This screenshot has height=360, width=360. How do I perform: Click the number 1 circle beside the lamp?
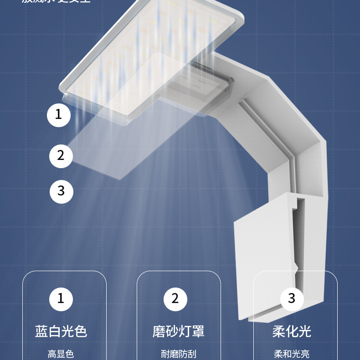[x=59, y=115]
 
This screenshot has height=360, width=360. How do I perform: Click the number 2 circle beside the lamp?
[x=61, y=155]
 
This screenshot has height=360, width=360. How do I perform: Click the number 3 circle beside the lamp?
[x=61, y=190]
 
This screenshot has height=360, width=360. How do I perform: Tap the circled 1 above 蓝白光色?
[x=61, y=299]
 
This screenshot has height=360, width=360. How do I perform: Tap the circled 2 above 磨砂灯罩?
[x=175, y=299]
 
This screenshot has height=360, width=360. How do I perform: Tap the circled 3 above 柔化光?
[x=292, y=299]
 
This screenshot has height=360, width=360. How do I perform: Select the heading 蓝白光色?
[x=61, y=331]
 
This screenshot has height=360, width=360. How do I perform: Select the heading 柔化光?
[x=292, y=331]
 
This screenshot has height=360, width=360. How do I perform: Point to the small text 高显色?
[x=61, y=354]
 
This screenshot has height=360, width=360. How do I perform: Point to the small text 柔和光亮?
[x=292, y=354]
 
